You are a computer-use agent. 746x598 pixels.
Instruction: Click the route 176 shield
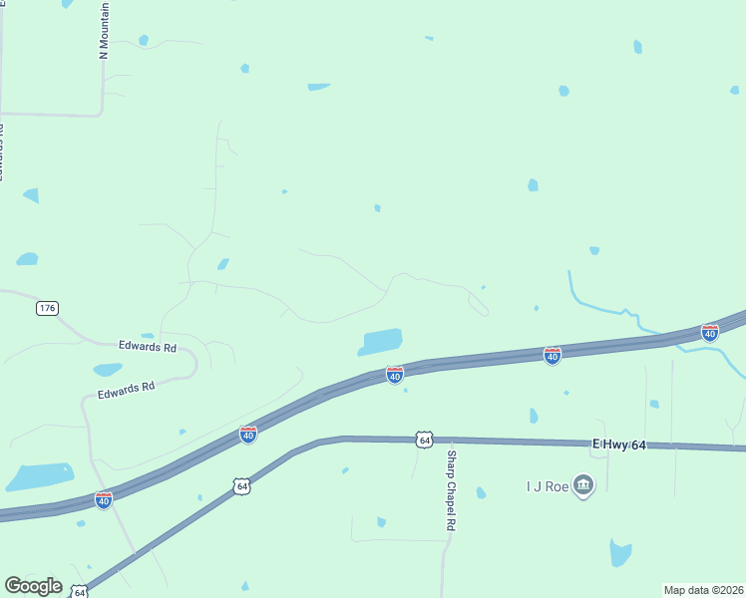pyautogui.click(x=47, y=308)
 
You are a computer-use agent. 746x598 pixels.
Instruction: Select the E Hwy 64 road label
pyautogui.click(x=619, y=445)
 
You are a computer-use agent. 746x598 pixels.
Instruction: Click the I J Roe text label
pyautogui.click(x=548, y=486)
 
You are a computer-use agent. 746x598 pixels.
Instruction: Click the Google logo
pyautogui.click(x=33, y=586)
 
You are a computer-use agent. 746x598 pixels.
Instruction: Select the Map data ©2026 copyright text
pyautogui.click(x=702, y=590)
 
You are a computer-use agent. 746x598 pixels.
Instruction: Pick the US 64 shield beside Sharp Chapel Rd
pyautogui.click(x=425, y=440)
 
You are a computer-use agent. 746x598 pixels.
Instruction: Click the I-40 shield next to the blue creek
pyautogui.click(x=710, y=332)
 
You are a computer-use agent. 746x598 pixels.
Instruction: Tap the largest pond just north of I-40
pyautogui.click(x=381, y=342)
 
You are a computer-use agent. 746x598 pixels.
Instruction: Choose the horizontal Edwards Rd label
pyautogui.click(x=148, y=348)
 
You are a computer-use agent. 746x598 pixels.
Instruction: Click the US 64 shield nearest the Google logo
pyautogui.click(x=80, y=592)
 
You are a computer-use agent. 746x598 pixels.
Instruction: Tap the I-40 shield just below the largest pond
pyautogui.click(x=395, y=375)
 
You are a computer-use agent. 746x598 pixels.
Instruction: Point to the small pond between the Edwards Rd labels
pyautogui.click(x=108, y=370)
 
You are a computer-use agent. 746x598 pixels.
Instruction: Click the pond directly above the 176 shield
pyautogui.click(x=27, y=259)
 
